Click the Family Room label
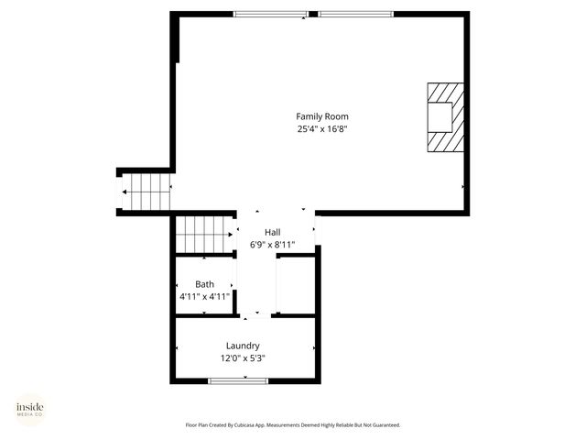point(321,116)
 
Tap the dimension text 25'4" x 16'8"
point(321,129)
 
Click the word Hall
point(273,232)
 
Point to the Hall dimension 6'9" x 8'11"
point(273,245)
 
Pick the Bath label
point(204,284)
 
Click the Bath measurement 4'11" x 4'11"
point(204,297)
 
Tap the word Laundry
point(243,346)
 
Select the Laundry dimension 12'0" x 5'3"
point(243,358)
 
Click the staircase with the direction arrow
point(147,192)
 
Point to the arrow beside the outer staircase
point(125,192)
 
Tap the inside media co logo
point(29,409)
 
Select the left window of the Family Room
point(271,14)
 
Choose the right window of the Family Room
point(356,14)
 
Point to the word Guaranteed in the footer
point(384,425)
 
